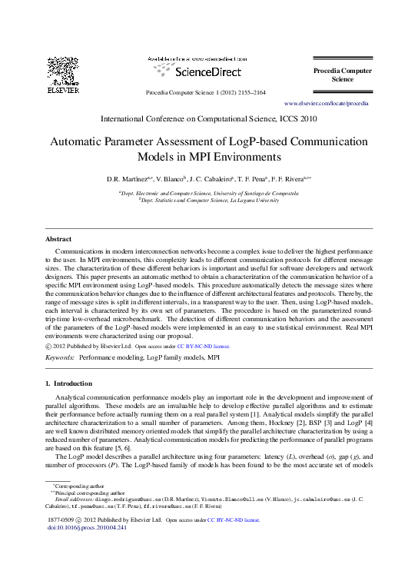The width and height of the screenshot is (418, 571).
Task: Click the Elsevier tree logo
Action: [x=63, y=71]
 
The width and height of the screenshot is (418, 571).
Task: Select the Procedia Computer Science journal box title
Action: [x=342, y=75]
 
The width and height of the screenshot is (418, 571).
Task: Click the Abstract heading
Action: [x=58, y=239]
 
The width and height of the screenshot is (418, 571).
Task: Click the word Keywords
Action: [x=60, y=358]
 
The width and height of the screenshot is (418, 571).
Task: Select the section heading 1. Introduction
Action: [x=69, y=383]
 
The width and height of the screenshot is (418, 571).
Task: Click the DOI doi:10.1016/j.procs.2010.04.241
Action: [x=87, y=528]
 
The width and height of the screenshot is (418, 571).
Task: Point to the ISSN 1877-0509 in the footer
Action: [x=62, y=520]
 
